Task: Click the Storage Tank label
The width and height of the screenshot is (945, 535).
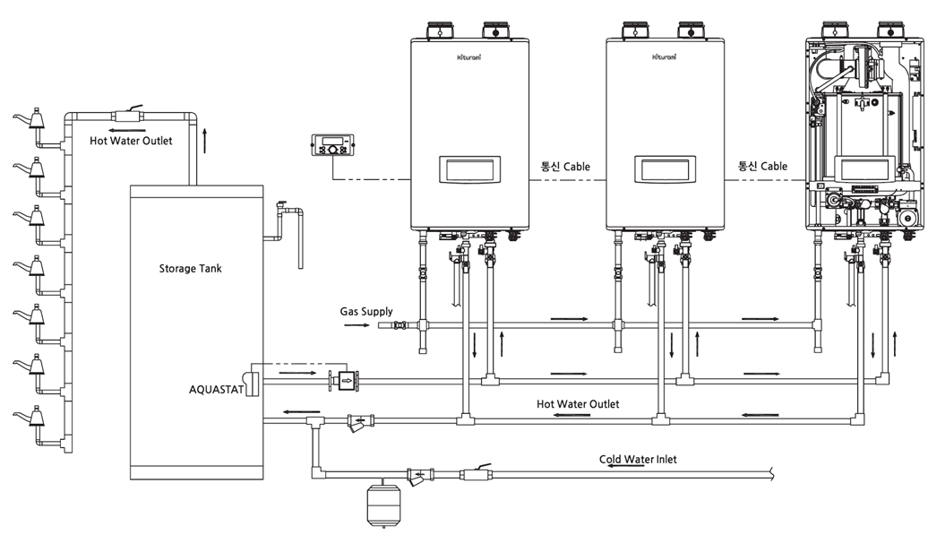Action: (190, 269)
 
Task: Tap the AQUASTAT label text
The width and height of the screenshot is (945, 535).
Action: (217, 389)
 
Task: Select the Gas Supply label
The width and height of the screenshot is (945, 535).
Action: (365, 312)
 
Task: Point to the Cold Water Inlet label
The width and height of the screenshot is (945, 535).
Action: (638, 459)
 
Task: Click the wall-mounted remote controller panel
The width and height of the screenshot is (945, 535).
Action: (332, 145)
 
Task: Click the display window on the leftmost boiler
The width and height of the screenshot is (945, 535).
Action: (469, 168)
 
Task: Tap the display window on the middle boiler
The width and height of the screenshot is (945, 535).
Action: (665, 168)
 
